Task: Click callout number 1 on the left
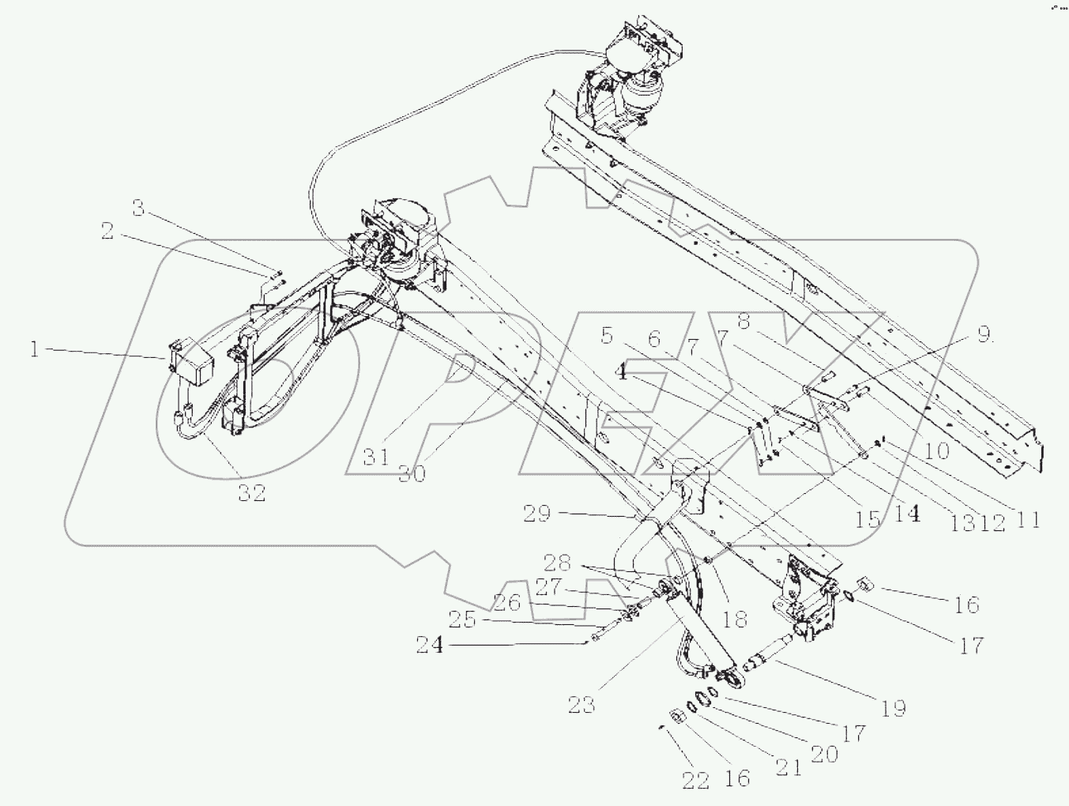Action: [34, 348]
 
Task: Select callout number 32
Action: [250, 493]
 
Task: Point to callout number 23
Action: [581, 704]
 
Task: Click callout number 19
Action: [893, 707]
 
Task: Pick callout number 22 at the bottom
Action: [695, 780]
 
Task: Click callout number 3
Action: [138, 209]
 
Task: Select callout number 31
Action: [376, 457]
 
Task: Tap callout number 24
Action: [431, 646]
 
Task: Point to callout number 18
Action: [735, 618]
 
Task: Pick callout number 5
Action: [606, 336]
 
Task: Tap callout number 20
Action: [823, 754]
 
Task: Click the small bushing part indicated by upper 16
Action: [864, 585]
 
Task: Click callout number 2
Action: [107, 231]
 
